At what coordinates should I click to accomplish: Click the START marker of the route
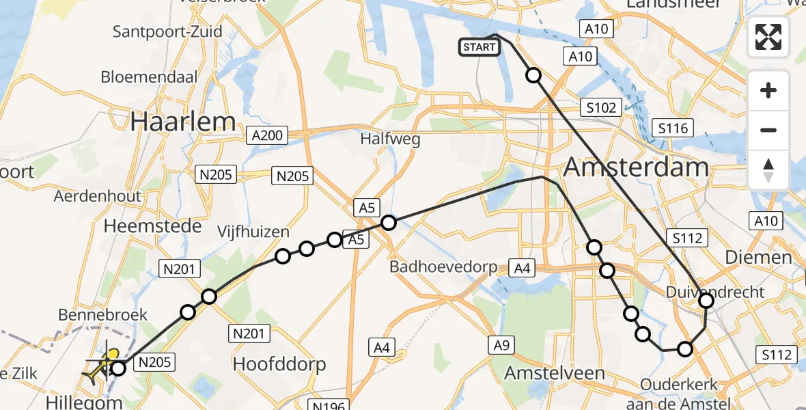tap(480, 46)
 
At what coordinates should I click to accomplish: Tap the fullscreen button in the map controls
tap(768, 37)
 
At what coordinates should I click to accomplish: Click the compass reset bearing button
tap(768, 169)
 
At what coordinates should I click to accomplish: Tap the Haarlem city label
tap(183, 122)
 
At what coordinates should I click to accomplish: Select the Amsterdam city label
tap(637, 167)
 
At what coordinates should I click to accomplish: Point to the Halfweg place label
tap(391, 139)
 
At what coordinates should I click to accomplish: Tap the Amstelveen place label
tap(555, 373)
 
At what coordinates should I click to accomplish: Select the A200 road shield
tap(267, 135)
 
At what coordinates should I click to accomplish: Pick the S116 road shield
tap(673, 127)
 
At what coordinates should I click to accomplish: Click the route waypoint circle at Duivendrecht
tap(706, 300)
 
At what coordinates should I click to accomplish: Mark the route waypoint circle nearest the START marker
tap(533, 75)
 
